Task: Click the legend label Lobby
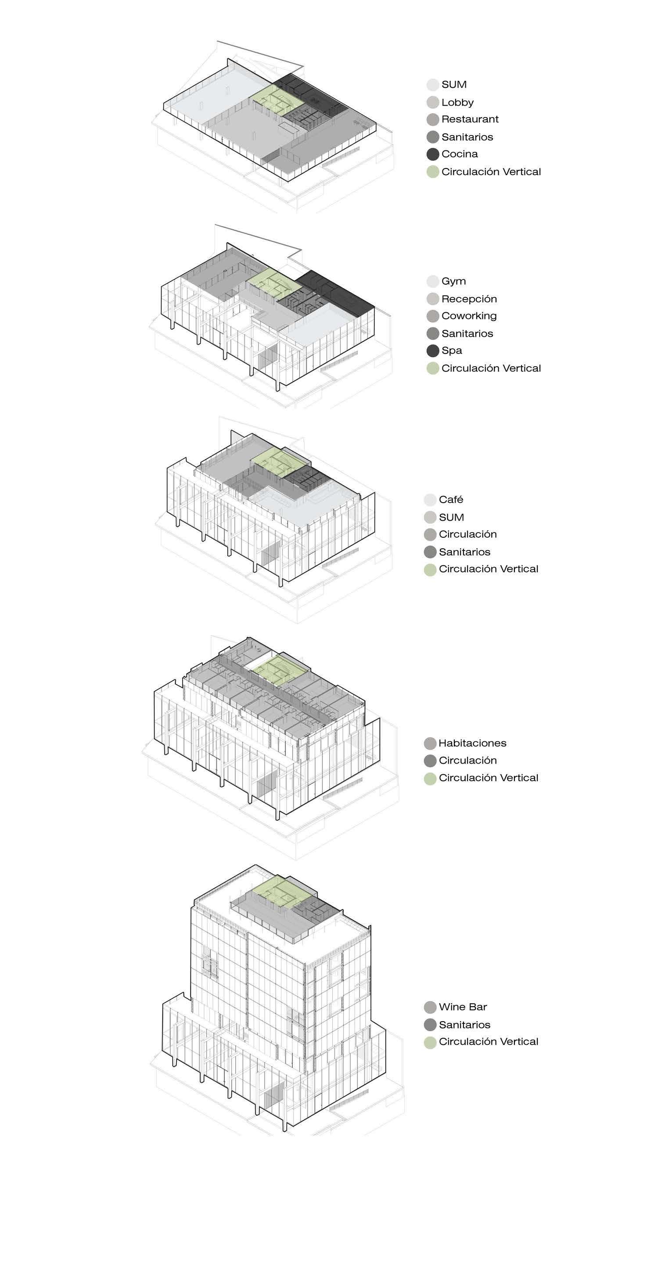[x=457, y=102]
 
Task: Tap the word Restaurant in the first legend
[x=470, y=119]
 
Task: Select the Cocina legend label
[x=460, y=154]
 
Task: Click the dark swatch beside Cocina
[x=432, y=154]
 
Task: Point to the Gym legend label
[x=453, y=282]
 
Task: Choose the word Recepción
[x=469, y=299]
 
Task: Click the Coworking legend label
[x=469, y=316]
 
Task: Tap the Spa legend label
[x=452, y=350]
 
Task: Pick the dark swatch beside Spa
[x=432, y=350]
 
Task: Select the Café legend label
[x=451, y=500]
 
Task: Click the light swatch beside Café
[x=430, y=500]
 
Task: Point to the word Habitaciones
[x=472, y=743]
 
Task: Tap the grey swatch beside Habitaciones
[x=430, y=743]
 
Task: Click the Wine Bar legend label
[x=462, y=1007]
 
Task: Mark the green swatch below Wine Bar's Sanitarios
[x=430, y=1042]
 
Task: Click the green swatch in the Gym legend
[x=432, y=368]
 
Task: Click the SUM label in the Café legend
[x=451, y=518]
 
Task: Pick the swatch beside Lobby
[x=432, y=102]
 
